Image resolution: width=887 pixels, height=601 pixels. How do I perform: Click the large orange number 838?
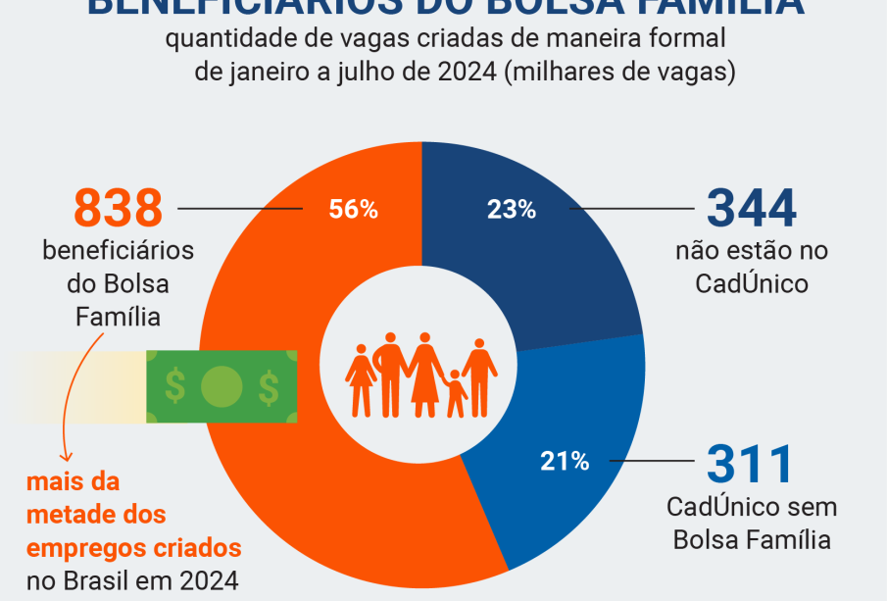coord(118,208)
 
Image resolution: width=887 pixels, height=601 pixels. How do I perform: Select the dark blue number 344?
coord(752,208)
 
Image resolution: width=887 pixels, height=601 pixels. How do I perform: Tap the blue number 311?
coord(749,466)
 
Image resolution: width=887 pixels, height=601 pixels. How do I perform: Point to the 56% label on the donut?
coord(353,209)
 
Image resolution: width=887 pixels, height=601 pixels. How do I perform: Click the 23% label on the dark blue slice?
coord(512,209)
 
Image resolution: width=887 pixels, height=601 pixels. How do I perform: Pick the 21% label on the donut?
coord(565,461)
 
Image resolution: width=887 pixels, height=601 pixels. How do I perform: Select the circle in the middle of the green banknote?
coord(222,386)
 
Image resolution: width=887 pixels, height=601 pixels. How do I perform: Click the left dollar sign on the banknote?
coord(175,386)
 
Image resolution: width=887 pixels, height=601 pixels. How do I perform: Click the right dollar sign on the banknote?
coord(268,386)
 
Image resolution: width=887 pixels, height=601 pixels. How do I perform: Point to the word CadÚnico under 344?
coord(752,283)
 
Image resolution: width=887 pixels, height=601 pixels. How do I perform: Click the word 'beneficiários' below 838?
coord(118,250)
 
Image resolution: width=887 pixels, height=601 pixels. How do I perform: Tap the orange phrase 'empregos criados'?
coord(134,547)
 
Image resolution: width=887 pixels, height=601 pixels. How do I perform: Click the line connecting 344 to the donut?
coord(628,209)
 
